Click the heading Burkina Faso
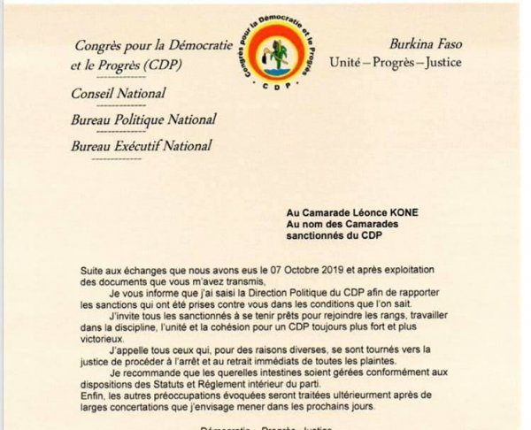[x=430, y=43]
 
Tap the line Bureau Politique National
[x=143, y=120]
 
